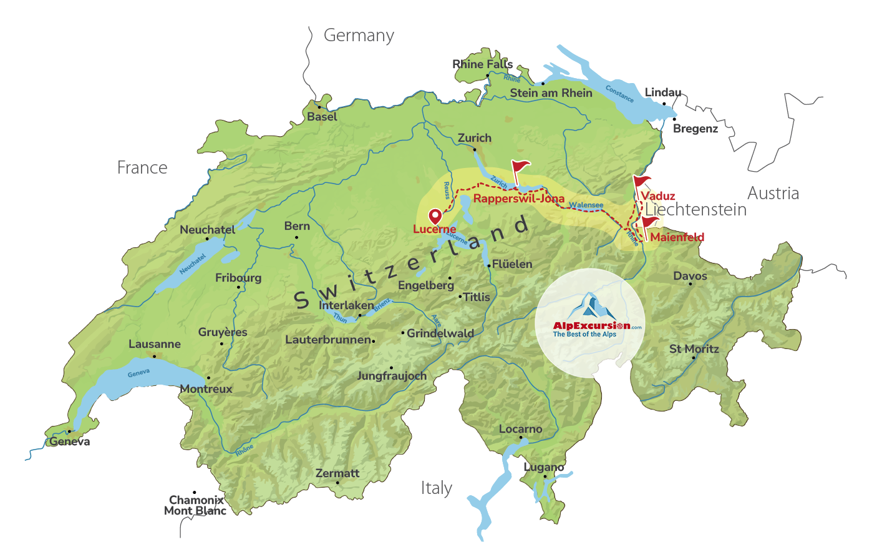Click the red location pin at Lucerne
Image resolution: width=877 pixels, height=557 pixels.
click(435, 216)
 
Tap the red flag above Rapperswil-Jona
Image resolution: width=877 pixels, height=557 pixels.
click(520, 167)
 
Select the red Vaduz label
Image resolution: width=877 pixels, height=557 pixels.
click(658, 196)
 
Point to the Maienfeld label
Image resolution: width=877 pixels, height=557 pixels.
click(677, 237)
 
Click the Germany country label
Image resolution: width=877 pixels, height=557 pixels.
click(359, 36)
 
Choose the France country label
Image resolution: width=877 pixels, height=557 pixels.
click(142, 167)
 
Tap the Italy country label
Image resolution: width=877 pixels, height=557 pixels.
click(436, 488)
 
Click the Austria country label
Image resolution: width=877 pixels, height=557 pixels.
click(773, 193)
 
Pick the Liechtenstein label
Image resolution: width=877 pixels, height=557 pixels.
click(695, 210)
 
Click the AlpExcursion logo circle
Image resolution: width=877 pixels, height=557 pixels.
click(589, 323)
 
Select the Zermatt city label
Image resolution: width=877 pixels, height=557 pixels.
click(337, 473)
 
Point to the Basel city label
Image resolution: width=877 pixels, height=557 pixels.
click(322, 117)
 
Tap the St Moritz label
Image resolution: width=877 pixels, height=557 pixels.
click(694, 349)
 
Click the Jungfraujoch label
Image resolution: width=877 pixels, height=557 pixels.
click(392, 376)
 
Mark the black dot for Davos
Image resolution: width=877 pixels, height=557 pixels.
click(690, 284)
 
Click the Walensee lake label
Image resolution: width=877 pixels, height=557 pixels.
click(586, 205)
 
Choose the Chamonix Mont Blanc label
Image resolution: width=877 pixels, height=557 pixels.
click(196, 505)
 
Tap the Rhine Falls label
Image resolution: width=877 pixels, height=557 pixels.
click(482, 64)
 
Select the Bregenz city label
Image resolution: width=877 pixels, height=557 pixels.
click(695, 129)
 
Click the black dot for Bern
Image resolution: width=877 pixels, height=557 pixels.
click(296, 237)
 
